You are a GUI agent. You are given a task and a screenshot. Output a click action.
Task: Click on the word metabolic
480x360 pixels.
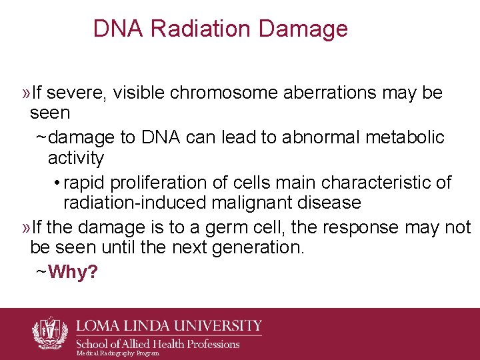(x=409, y=137)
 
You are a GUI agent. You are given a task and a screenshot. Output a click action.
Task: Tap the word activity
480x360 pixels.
(x=76, y=158)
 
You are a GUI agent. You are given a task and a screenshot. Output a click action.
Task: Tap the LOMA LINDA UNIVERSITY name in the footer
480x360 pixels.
(x=169, y=326)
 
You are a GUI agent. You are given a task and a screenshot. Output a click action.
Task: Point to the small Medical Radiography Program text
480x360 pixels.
(x=117, y=353)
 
